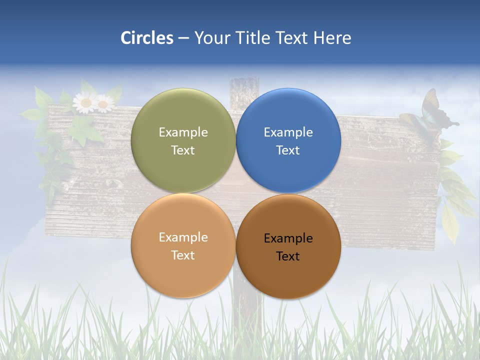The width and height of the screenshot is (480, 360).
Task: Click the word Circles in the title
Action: [x=146, y=38]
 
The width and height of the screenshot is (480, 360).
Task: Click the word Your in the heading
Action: [x=212, y=38]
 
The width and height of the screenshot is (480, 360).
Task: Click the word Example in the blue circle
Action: [x=288, y=132]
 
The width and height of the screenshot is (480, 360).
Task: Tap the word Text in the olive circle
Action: [x=183, y=150]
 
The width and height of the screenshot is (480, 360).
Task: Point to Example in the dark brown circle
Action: [x=288, y=238]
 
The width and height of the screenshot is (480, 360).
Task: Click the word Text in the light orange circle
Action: [x=183, y=255]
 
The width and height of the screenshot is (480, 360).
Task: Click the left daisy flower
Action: [x=85, y=102]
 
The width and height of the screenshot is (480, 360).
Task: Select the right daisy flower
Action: [x=104, y=104]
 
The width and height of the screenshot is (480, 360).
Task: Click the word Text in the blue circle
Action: [x=288, y=150]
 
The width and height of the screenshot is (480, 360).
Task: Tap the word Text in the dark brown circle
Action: [x=288, y=256]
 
